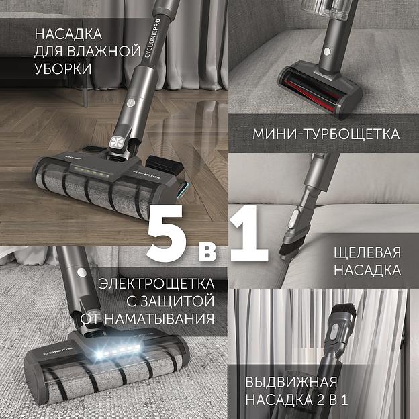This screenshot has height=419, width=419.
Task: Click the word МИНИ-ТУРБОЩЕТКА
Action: [326, 134]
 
